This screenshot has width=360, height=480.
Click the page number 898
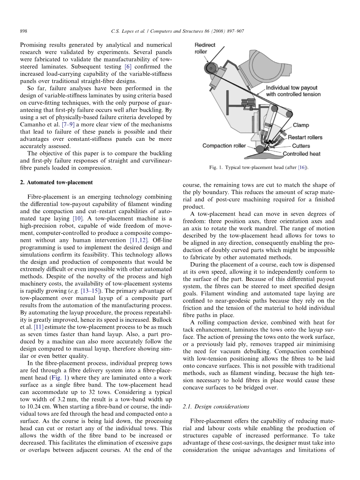(x=23, y=31)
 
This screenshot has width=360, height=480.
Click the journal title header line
(x=179, y=31)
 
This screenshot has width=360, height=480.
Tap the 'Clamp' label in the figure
(x=301, y=125)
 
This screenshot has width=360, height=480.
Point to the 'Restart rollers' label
(x=305, y=137)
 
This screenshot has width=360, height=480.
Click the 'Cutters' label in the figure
(x=301, y=145)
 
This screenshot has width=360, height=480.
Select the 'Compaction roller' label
(x=224, y=145)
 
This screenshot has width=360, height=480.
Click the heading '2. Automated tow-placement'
(x=56, y=182)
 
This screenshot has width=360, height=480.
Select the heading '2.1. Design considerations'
(x=216, y=406)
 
